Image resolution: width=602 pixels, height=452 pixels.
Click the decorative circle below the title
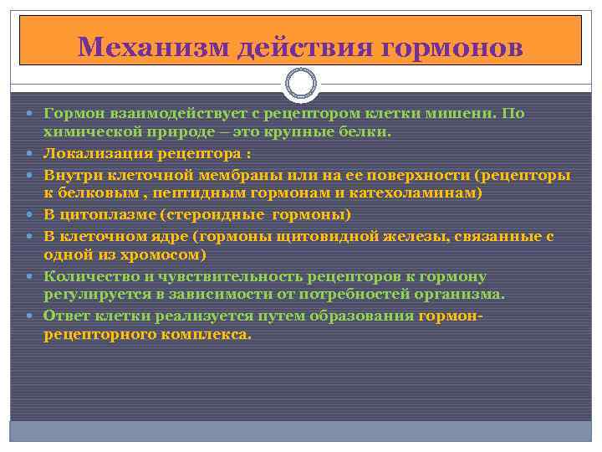301,85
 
